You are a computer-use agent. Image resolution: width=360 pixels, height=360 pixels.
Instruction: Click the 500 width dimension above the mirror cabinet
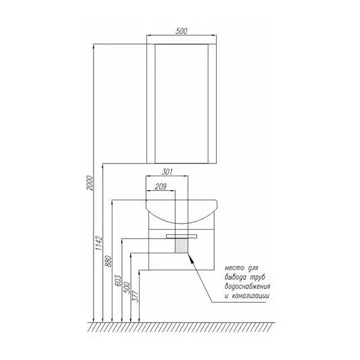click(181, 31)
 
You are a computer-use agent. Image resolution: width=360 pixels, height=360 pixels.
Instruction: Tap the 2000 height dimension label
click(90, 183)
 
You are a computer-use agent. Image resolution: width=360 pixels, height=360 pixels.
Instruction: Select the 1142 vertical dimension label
click(99, 243)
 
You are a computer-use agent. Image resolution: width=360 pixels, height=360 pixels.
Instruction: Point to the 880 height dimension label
click(109, 261)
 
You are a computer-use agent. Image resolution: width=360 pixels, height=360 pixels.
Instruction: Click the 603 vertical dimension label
click(117, 280)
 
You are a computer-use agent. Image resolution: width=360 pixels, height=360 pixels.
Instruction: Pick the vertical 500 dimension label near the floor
click(127, 287)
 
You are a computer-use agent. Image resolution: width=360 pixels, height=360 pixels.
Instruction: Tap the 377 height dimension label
click(136, 296)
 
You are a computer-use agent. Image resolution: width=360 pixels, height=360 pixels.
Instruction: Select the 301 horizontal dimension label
click(167, 172)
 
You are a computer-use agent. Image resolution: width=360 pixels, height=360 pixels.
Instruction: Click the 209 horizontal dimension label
click(160, 187)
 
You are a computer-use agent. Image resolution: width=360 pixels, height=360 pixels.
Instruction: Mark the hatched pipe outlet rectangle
click(182, 246)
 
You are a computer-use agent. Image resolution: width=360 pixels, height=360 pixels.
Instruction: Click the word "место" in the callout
click(234, 268)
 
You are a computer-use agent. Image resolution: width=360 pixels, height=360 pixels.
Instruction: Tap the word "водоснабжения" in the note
click(248, 286)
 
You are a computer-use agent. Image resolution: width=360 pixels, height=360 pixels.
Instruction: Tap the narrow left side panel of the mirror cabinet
click(151, 104)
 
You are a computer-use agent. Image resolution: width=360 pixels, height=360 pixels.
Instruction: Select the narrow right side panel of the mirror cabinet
click(212, 104)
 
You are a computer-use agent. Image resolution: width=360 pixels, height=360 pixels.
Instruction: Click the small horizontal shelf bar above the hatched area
click(182, 236)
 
